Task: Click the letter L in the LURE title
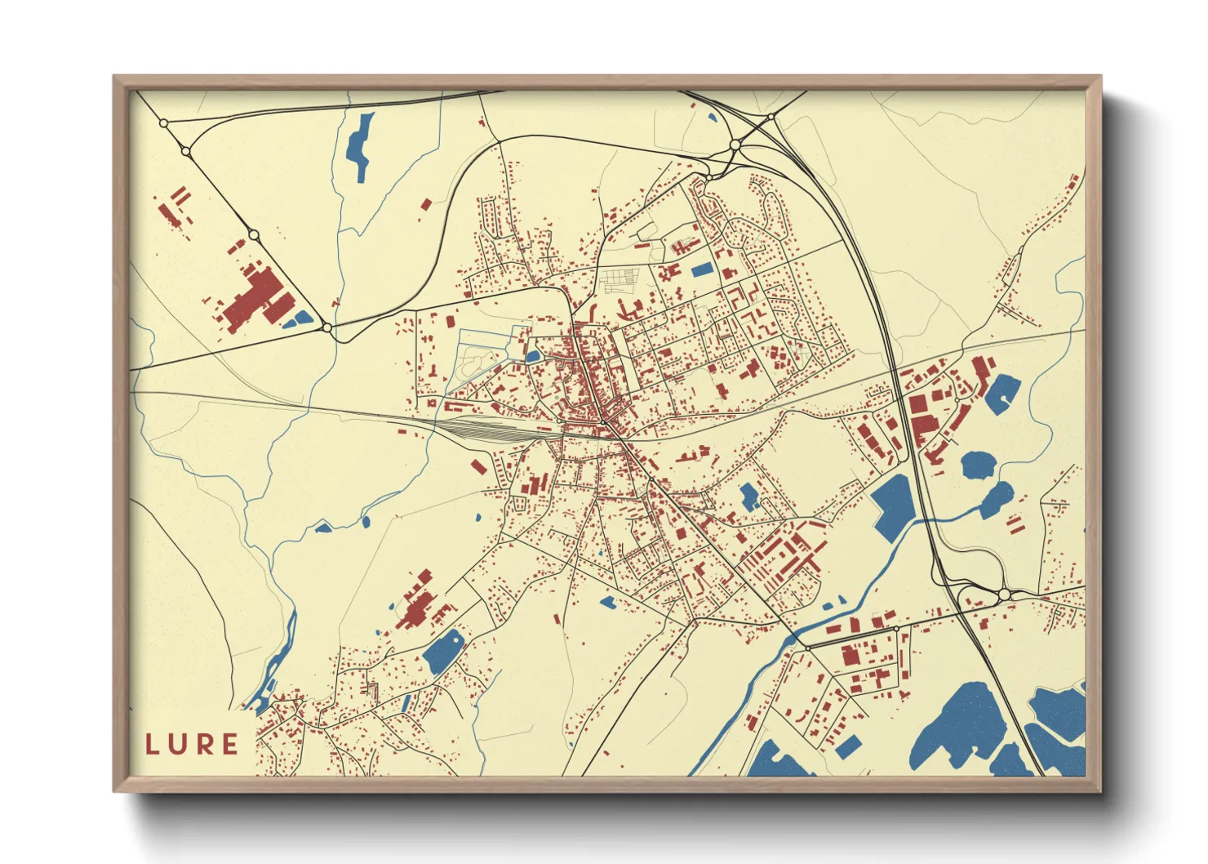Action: point(152,744)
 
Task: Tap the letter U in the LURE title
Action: point(178,744)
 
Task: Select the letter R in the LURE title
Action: point(204,744)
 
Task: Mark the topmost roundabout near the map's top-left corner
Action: point(164,123)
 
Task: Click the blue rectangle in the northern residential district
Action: point(701,269)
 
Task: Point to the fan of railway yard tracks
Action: point(490,430)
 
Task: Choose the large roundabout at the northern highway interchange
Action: point(735,145)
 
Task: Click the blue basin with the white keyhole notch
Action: point(1001,392)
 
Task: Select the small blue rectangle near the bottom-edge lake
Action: point(848,746)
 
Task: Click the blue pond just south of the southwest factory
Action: point(443,650)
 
